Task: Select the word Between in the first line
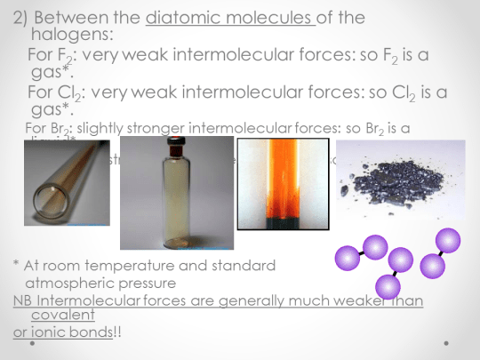coord(75,15)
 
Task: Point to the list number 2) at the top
coord(26,15)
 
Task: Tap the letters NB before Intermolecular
coord(23,300)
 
